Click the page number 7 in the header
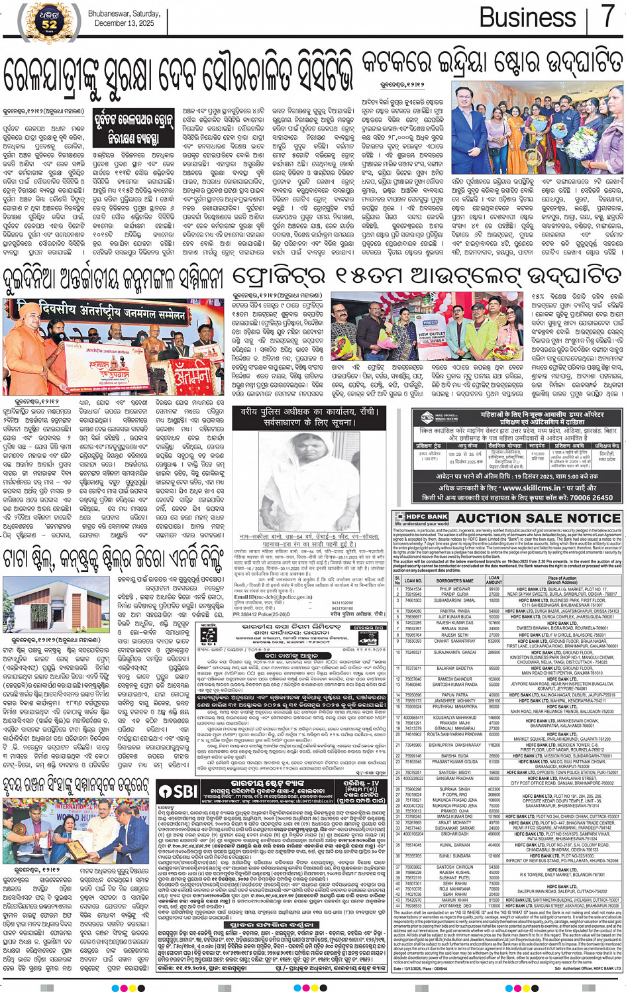607,16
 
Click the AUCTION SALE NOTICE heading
538,518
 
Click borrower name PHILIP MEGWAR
454,588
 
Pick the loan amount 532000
494,641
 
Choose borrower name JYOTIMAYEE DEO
454,905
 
